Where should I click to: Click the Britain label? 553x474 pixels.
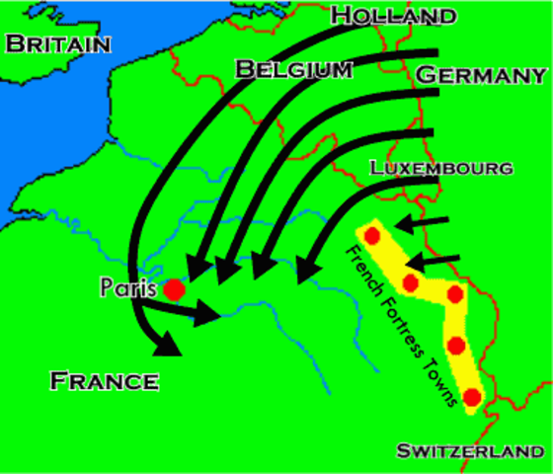pyautogui.click(x=56, y=43)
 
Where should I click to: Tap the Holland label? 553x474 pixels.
pyautogui.click(x=395, y=16)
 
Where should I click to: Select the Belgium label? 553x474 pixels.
pyautogui.click(x=293, y=69)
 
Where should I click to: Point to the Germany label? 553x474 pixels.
pyautogui.click(x=481, y=75)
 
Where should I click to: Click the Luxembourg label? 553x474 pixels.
pyautogui.click(x=441, y=168)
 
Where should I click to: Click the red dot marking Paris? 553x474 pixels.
pyautogui.click(x=174, y=289)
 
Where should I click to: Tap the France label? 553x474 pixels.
pyautogui.click(x=105, y=381)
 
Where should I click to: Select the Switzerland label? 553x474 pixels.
pyautogui.click(x=470, y=451)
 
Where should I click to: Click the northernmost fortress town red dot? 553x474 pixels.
pyautogui.click(x=372, y=235)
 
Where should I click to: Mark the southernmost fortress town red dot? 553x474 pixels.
pyautogui.click(x=471, y=397)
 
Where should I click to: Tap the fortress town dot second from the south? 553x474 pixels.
pyautogui.click(x=456, y=345)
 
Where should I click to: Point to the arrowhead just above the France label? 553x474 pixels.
pyautogui.click(x=168, y=343)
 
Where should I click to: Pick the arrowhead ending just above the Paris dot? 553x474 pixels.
pyautogui.click(x=194, y=269)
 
